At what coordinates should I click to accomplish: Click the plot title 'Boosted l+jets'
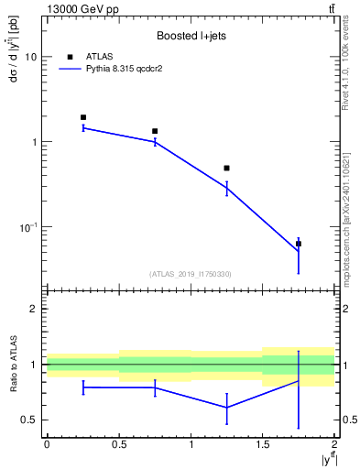[190, 37]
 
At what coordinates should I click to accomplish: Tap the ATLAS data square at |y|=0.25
[83, 117]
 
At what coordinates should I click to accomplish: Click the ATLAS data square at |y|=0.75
[155, 131]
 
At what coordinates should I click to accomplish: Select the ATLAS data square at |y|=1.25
[226, 169]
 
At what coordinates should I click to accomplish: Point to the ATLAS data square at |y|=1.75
[299, 244]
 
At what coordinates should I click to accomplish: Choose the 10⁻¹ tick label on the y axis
[27, 226]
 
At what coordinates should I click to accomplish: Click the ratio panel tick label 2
[34, 310]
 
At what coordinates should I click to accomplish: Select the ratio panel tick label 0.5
[28, 420]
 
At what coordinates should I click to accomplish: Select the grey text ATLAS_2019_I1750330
[190, 274]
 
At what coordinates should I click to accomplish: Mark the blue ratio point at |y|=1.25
[226, 408]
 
